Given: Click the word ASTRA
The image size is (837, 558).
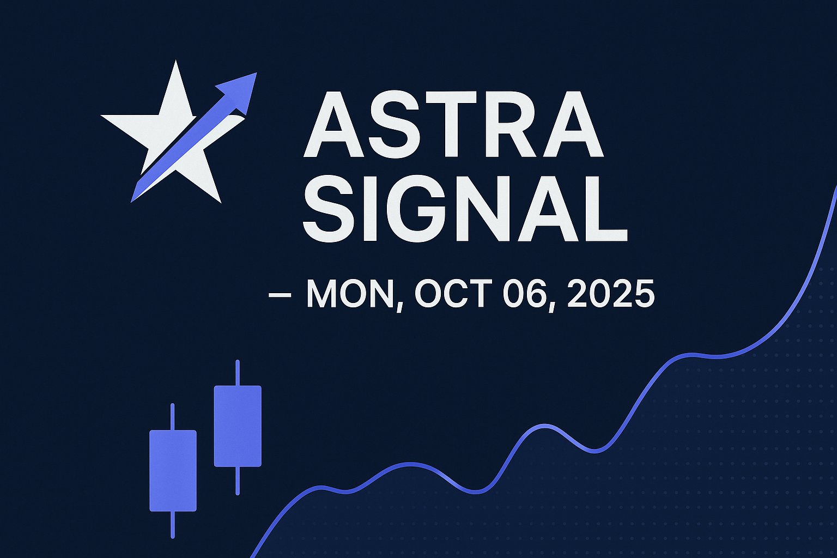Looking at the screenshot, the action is [x=453, y=124].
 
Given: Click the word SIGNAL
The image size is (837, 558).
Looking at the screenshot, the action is [x=465, y=208].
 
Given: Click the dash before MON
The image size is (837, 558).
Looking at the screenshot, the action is [x=280, y=295].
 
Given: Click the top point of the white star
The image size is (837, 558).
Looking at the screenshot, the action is [x=175, y=61].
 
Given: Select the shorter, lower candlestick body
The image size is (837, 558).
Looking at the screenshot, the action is [x=173, y=471].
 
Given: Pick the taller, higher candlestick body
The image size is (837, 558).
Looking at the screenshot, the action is [x=238, y=426].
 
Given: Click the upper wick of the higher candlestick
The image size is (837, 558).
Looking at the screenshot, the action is [x=237, y=373].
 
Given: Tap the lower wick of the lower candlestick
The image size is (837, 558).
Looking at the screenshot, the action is [x=173, y=525].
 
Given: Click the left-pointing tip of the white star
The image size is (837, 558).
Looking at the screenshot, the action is [x=102, y=116].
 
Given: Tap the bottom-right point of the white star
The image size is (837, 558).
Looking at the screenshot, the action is [x=221, y=202].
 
